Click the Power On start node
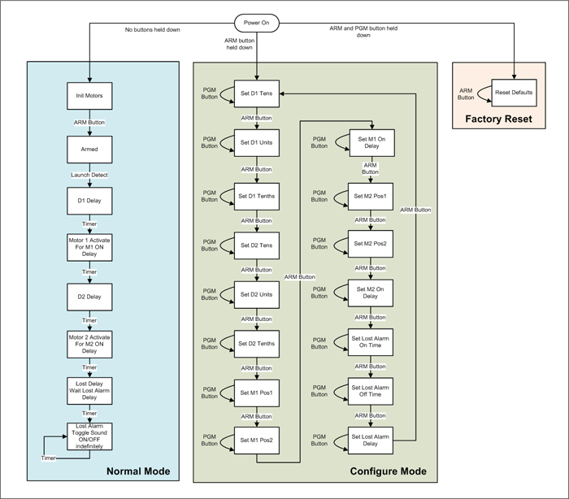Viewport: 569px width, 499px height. [x=257, y=23]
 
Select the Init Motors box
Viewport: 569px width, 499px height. [x=89, y=96]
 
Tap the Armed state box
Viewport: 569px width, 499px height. [x=89, y=150]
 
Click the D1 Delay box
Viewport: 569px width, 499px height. [x=89, y=201]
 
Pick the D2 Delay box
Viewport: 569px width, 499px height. [x=89, y=297]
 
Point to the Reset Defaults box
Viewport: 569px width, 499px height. [x=514, y=93]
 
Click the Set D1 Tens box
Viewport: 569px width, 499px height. [x=257, y=93]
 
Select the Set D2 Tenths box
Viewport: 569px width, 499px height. [x=257, y=344]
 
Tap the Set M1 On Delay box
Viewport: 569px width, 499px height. [x=372, y=143]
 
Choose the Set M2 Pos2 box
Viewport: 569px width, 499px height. [x=371, y=244]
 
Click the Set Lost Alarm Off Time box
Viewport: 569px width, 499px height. [x=371, y=391]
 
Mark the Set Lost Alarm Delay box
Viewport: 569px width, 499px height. [x=371, y=440]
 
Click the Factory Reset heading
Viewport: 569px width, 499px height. [x=498, y=119]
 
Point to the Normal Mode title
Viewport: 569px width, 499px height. [x=138, y=471]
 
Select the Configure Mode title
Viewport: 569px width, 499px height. [x=389, y=471]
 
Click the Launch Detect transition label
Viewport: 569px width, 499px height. [x=89, y=175]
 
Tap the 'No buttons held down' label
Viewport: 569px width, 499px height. [x=153, y=30]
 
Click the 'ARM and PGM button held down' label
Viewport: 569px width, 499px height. [x=363, y=32]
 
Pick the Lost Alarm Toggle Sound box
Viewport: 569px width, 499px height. [x=89, y=436]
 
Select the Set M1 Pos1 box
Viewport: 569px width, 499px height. [x=257, y=393]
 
